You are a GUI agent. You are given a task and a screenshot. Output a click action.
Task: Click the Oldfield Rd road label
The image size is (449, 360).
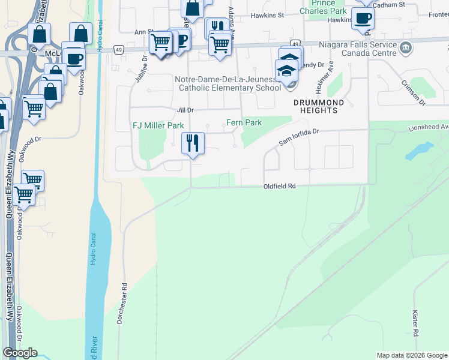coord(280,187)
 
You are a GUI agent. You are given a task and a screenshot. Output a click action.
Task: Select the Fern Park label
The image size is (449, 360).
coord(244,123)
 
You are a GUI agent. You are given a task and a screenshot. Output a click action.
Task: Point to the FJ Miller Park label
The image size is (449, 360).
coord(158,126)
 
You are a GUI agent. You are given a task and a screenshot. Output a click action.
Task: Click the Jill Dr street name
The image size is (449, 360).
coord(185,110)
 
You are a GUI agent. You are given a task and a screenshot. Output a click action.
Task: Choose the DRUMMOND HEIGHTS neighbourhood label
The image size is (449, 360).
coord(319,106)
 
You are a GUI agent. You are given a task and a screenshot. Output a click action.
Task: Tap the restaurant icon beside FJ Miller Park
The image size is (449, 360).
coord(193,143)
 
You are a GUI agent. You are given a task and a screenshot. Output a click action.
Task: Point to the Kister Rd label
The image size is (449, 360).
coord(415,322)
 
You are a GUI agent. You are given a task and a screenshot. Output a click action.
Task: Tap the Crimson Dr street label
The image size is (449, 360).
coord(413,92)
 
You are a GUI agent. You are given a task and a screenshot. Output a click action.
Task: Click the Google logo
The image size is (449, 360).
coord(20,353)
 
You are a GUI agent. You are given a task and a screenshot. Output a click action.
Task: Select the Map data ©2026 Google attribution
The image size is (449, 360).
coord(411,355)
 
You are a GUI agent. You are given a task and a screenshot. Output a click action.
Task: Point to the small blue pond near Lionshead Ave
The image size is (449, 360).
coord(420,151)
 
